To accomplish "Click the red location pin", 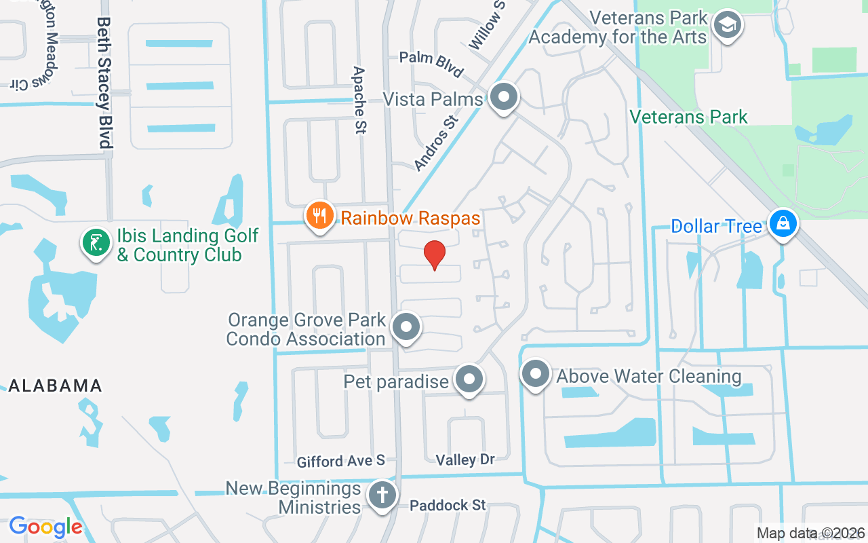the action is [435, 255].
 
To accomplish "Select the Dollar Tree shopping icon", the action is [783, 224].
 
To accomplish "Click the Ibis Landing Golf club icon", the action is [96, 242].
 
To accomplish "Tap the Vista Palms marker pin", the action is [503, 98].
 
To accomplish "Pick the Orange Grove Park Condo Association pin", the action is [406, 327].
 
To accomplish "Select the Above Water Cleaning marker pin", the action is [536, 374].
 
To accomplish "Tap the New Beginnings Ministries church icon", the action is [382, 495].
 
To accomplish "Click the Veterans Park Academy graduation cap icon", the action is [728, 26].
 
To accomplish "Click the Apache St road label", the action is [359, 100].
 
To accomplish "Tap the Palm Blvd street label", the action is [431, 63].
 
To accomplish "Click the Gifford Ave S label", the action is [341, 462].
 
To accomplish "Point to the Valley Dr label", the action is [465, 460].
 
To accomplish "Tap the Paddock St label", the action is [448, 505].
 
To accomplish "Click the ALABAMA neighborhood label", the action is [55, 386].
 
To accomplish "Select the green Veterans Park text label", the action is [689, 117].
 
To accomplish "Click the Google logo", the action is [45, 527].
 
